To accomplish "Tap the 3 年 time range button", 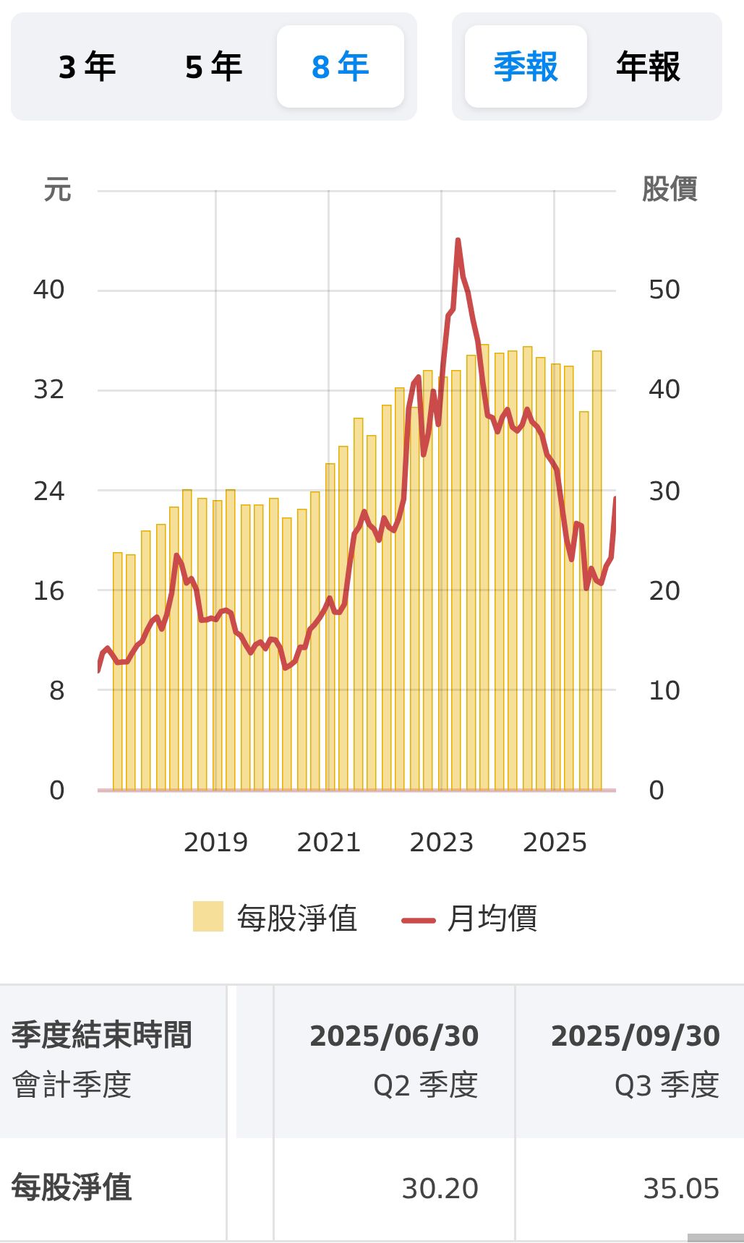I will [x=87, y=67].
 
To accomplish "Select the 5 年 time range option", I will [x=213, y=67].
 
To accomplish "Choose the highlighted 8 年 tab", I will [x=340, y=67].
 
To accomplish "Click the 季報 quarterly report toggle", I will [x=526, y=67].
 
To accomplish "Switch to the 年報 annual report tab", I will [x=648, y=67].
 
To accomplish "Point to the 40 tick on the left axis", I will [x=48, y=290].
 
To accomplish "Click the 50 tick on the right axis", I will [x=664, y=290].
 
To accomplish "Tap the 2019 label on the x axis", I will [x=215, y=842].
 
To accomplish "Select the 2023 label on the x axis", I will [x=441, y=842].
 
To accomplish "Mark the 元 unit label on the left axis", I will [x=57, y=190].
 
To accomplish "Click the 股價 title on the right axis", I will [x=669, y=189].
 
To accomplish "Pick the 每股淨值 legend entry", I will [x=275, y=919].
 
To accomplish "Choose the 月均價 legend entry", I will [x=470, y=919].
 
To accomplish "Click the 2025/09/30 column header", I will [x=635, y=1036].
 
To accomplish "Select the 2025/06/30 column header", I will [x=394, y=1036].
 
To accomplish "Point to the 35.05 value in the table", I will [x=681, y=1189].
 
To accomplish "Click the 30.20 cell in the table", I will [x=440, y=1189].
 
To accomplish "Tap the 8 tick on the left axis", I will [x=56, y=690].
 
